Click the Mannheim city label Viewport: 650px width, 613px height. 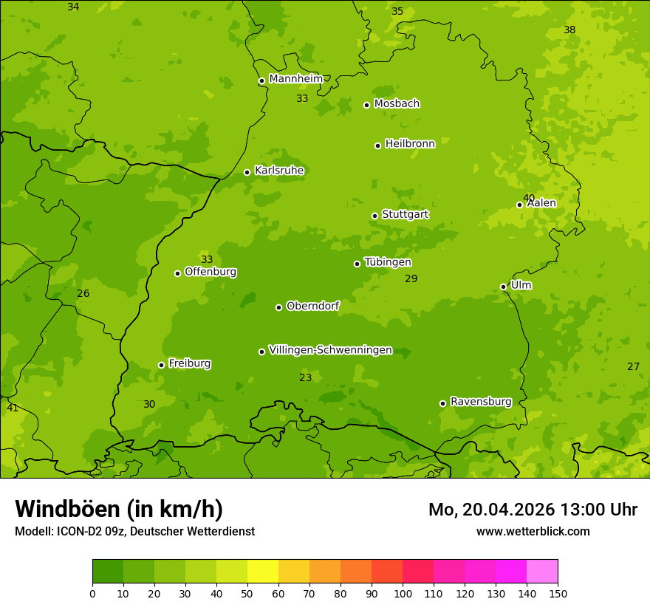pos(295,79)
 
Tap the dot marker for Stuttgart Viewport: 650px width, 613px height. pos(374,216)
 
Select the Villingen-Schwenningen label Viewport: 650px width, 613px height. pos(330,350)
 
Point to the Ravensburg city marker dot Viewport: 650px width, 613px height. pos(442,403)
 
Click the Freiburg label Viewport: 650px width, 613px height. pos(189,363)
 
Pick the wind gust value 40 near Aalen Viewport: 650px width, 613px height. pos(529,198)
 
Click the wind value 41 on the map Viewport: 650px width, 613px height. pos(13,408)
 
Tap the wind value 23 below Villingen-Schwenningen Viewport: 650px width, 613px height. pos(305,377)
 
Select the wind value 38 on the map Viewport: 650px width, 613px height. pos(569,30)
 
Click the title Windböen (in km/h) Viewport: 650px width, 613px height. pos(119,509)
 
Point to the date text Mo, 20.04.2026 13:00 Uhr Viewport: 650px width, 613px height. pos(533,510)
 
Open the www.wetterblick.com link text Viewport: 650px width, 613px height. pos(533,531)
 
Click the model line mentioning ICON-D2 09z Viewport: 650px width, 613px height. pos(134,531)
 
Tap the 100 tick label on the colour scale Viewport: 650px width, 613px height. pos(403,593)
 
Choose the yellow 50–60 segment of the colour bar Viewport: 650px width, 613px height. pos(263,572)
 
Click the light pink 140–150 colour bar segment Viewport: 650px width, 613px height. pos(542,572)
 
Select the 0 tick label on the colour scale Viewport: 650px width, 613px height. pos(92,593)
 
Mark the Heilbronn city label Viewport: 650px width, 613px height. pos(410,144)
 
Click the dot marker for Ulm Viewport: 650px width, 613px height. pos(503,287)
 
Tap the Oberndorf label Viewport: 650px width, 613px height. pos(312,306)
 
